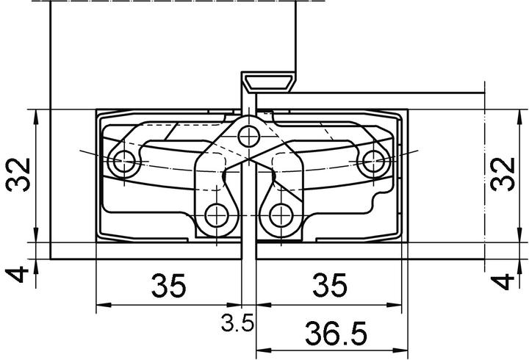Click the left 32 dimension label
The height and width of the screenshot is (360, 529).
click(x=20, y=175)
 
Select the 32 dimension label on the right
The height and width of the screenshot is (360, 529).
click(x=503, y=175)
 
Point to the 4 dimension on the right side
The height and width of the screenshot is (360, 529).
click(x=503, y=281)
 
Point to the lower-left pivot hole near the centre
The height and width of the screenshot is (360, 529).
click(x=217, y=215)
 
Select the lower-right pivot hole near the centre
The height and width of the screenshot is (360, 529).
click(x=279, y=215)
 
